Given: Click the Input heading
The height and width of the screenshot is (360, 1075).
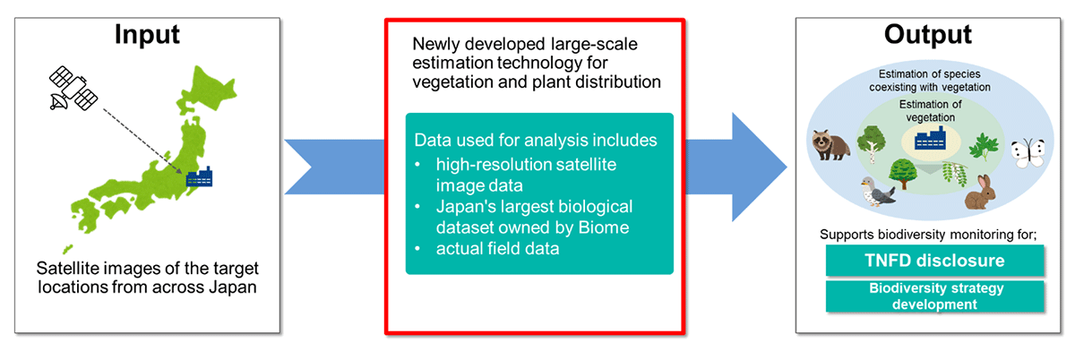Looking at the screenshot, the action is tap(147, 35).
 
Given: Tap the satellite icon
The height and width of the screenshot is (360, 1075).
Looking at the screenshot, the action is tap(73, 89).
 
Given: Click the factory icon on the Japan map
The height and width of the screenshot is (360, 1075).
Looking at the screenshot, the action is tap(199, 176).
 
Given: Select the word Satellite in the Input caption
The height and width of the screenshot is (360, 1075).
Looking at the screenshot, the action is tap(69, 268).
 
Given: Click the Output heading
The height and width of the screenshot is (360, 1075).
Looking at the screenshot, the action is tap(928, 35).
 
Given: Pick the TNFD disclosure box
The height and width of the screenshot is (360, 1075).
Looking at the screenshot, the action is tap(935, 261).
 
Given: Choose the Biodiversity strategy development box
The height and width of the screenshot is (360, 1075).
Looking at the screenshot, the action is tap(935, 296).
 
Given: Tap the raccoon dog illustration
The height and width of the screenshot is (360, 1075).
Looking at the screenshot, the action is tap(830, 144).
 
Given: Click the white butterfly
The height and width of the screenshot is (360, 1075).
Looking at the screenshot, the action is tap(1028, 153).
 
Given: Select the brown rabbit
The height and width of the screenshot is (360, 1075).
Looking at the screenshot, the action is tap(980, 192).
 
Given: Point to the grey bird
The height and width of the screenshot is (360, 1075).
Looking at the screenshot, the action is tap(877, 192).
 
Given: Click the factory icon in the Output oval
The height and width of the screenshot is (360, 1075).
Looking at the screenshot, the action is tap(930, 139).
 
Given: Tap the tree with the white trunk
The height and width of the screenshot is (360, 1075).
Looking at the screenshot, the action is tap(871, 143).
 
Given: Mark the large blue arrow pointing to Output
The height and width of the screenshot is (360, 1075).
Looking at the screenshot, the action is tap(736, 167).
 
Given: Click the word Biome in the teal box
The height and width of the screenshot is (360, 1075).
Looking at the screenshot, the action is tap(603, 227).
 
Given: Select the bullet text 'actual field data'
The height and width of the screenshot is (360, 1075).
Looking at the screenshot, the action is tap(498, 249).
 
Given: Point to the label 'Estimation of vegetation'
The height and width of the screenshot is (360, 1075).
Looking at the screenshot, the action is tap(930, 111).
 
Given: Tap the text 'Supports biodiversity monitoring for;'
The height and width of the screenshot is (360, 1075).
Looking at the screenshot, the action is tap(928, 235).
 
